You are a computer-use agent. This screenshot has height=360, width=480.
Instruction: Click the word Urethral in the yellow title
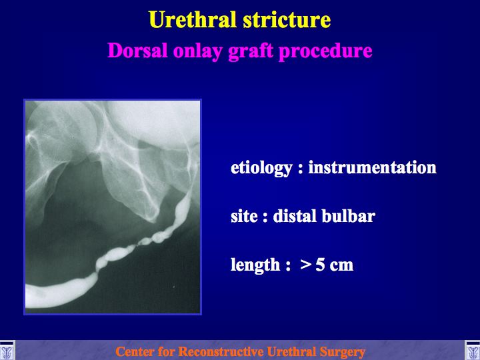coord(193,19)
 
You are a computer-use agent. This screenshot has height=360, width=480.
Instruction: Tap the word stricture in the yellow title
coord(287,19)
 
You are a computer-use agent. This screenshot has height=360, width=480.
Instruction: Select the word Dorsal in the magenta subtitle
coord(137,50)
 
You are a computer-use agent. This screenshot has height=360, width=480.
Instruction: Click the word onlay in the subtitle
coord(198,51)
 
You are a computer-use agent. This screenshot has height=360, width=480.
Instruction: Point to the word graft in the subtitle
coord(251,51)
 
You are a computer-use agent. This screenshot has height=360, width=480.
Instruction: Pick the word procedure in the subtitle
coord(325,51)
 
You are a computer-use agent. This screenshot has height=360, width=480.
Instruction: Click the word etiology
coord(261,169)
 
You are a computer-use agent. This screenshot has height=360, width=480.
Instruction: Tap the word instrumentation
coord(372,167)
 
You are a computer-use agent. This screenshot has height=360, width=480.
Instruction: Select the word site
coord(244,216)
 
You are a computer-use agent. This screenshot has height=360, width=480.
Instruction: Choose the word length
coord(255,265)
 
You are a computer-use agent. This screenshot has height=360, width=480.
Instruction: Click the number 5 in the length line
coord(320,265)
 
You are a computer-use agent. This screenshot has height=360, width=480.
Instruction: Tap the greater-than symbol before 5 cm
coord(306,265)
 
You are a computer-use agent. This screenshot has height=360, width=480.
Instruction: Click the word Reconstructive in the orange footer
coord(221,351)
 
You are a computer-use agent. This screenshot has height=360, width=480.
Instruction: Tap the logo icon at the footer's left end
coord(7,351)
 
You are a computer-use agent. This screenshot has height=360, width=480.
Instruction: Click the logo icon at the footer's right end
coord(473,351)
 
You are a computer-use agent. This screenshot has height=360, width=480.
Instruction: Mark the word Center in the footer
coord(132,351)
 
